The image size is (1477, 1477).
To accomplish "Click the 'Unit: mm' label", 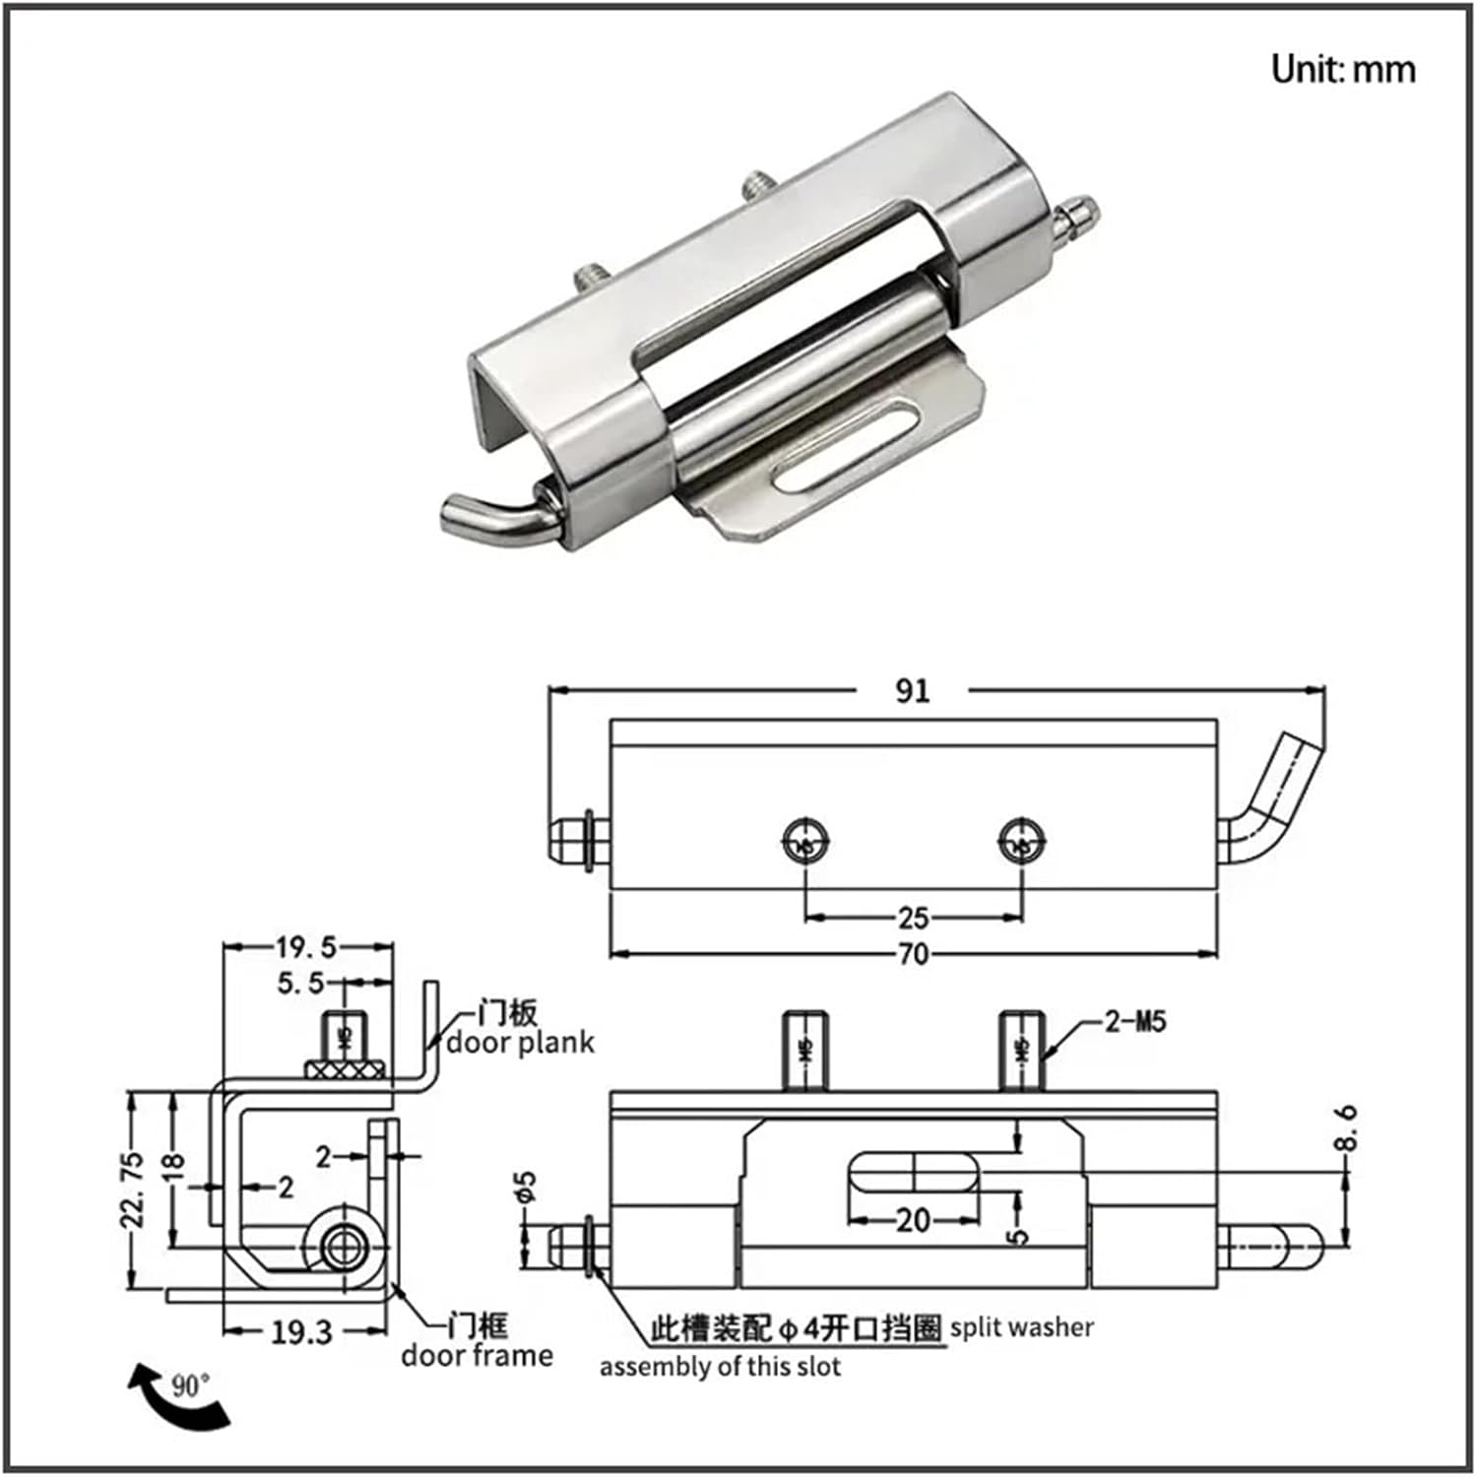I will point(1343,69).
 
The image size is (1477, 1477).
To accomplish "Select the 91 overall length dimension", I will point(912,690).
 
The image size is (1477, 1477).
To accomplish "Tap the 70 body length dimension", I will point(913,953).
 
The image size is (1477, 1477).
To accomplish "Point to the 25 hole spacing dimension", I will point(913,918).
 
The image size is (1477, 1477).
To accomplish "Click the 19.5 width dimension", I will point(305,947).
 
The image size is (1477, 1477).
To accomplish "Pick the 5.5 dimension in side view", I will point(300,983).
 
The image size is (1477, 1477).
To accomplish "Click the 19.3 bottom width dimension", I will point(301,1332).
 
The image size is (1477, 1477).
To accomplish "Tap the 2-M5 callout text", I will point(1134,1021).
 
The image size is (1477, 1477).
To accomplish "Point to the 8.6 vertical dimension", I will point(1346,1127).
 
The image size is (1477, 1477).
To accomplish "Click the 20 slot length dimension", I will point(913,1221).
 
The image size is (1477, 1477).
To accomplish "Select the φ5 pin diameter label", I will point(527,1187).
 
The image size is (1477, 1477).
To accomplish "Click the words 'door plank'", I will point(521,1043).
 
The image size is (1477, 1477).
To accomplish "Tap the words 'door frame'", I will point(477,1356).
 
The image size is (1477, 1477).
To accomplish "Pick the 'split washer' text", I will point(1021,1328).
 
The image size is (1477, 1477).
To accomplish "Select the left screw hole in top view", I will point(806,842).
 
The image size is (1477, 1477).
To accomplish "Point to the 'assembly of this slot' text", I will point(720,1367).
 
